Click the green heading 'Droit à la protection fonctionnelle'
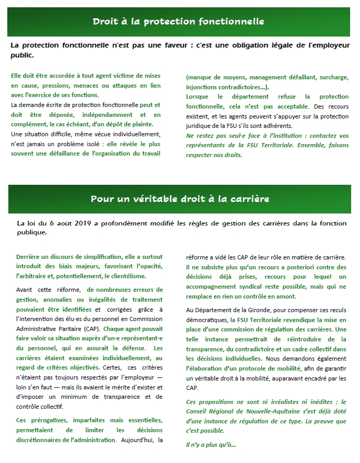178,22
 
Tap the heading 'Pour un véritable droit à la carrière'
180,199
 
